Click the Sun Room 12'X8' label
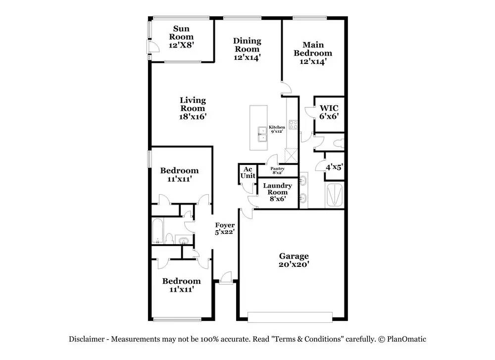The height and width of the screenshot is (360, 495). (181, 37)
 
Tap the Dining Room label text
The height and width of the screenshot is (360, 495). (247, 45)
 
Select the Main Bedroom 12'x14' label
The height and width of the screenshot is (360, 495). (313, 53)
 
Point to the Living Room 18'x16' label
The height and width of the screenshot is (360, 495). (193, 108)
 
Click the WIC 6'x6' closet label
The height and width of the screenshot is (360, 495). (329, 112)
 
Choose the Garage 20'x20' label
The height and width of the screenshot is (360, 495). (294, 260)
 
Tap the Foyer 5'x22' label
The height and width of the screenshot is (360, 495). (225, 229)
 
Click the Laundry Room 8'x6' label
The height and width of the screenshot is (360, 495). (278, 192)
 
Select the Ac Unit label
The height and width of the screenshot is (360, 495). (248, 173)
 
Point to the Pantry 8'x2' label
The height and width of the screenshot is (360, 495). (278, 170)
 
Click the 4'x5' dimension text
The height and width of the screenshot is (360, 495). (334, 167)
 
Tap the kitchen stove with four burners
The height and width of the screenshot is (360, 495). (293, 125)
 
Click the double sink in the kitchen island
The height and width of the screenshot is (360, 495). (262, 135)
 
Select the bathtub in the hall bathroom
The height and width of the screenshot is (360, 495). (157, 231)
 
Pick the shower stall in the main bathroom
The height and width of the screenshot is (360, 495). (334, 195)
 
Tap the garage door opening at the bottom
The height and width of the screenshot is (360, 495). (290, 317)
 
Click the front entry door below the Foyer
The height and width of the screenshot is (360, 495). (226, 278)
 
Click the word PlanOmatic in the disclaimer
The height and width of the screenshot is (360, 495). (406, 339)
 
